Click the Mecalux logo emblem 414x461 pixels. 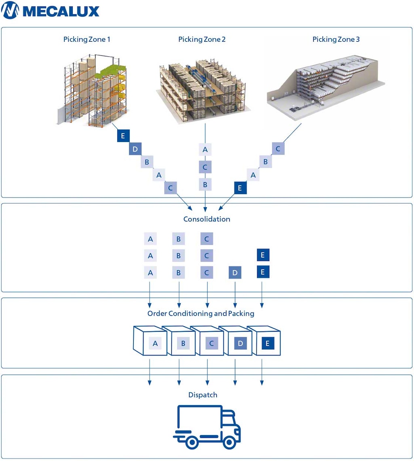10,11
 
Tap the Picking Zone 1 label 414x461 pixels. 87,39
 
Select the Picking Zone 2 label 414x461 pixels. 202,39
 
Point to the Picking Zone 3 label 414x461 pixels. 336,39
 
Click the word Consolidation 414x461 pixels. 207,219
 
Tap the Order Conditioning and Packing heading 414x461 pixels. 201,313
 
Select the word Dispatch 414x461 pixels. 203,395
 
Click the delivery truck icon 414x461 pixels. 207,427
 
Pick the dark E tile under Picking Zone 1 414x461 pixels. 123,136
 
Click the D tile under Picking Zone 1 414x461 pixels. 135,149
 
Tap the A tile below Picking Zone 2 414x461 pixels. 205,149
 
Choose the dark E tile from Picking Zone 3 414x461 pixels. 240,188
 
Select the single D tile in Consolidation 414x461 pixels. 235,272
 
